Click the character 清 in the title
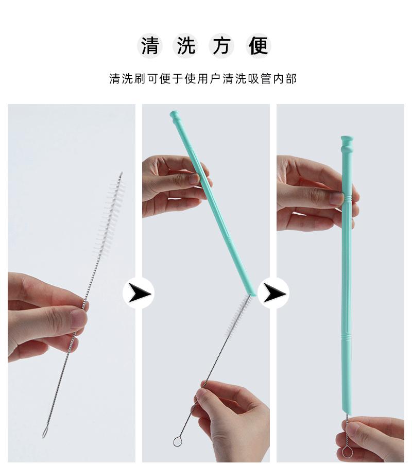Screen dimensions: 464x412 click(150, 46)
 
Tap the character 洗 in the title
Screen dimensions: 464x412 click(186, 46)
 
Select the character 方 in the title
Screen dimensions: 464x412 click(221, 46)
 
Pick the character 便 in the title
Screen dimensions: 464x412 click(258, 46)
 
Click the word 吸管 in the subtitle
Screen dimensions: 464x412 click(256, 79)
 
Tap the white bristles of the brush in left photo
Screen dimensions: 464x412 click(110, 216)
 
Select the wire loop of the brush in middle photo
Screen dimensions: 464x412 click(178, 441)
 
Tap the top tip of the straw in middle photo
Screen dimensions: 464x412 click(174, 114)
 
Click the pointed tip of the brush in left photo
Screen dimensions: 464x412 click(122, 174)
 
